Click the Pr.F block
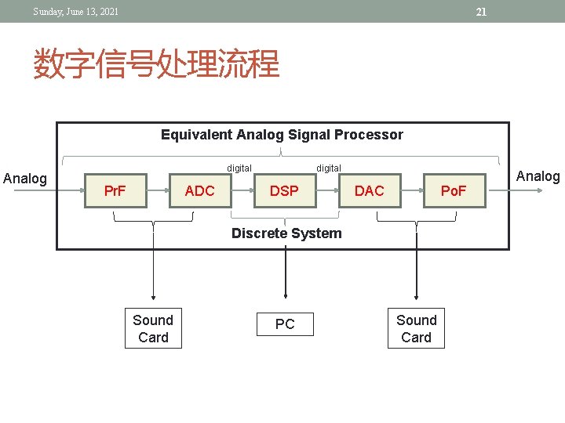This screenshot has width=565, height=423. click(115, 191)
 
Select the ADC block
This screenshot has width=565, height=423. click(199, 191)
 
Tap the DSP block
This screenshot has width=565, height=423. click(284, 191)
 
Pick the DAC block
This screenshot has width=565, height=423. click(369, 191)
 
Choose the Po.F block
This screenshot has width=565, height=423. click(454, 191)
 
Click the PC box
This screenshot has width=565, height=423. click(285, 324)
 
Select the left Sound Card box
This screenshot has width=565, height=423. click(153, 329)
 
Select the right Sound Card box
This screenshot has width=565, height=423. click(416, 329)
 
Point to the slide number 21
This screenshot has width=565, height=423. click(482, 12)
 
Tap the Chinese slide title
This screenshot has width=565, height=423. click(156, 64)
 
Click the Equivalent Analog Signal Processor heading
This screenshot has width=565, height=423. click(282, 135)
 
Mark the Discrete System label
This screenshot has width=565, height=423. click(286, 233)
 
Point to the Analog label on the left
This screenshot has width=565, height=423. click(25, 179)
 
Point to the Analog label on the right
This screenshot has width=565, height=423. click(538, 176)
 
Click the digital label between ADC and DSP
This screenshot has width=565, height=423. click(239, 168)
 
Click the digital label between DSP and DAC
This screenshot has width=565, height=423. click(328, 168)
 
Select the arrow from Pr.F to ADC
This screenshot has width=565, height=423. click(159, 191)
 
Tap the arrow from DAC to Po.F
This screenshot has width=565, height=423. click(412, 191)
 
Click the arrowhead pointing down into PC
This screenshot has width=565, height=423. click(285, 295)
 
